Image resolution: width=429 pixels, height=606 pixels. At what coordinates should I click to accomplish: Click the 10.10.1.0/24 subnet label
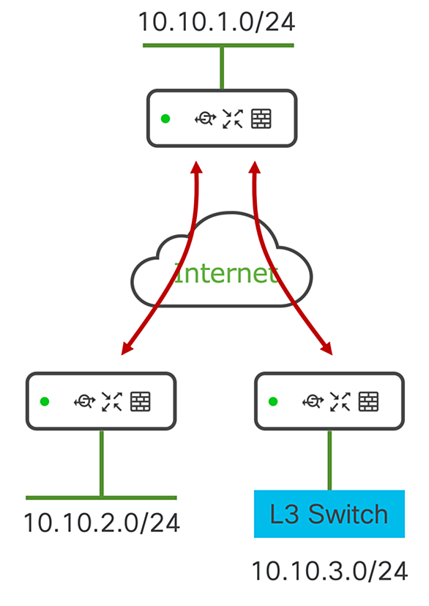coord(217,22)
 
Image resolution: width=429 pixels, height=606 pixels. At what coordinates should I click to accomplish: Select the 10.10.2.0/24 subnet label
coord(102,523)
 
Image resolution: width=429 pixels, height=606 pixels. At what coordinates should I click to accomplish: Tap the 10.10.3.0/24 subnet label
coord(329,571)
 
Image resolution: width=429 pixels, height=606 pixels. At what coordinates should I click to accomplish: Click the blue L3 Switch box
coord(329,514)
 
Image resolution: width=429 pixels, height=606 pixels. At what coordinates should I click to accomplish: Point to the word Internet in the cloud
coord(226,273)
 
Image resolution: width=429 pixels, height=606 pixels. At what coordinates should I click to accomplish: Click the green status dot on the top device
coord(165,119)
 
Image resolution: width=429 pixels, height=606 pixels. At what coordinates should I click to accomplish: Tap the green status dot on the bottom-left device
coord(45,402)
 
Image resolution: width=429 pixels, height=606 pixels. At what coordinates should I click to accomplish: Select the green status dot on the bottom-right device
coord(273,402)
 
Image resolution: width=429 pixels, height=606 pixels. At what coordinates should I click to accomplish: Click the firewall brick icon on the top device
coord(261,119)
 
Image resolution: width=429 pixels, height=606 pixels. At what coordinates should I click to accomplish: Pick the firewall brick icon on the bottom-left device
coord(141,402)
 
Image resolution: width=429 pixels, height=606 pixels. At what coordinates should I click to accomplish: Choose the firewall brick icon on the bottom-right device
coord(369,402)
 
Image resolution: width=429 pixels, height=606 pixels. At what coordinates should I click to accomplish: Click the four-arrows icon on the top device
coord(233,119)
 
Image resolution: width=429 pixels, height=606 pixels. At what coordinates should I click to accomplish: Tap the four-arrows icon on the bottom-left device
coord(112,402)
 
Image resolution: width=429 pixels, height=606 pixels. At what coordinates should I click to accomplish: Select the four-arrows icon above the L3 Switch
coord(340,402)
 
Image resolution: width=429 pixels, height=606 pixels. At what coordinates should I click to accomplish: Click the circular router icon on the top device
coord(205,119)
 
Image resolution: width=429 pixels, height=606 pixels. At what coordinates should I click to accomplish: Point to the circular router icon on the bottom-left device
coord(85,402)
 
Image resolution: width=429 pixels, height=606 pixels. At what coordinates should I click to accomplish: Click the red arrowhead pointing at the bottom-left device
coord(127,348)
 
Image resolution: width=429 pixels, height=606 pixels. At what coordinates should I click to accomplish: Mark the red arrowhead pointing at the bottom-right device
coord(327,348)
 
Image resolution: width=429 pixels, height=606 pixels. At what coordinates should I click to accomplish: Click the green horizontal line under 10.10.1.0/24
coord(218,45)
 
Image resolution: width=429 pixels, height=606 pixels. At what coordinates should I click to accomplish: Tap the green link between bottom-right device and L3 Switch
coord(329,460)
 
